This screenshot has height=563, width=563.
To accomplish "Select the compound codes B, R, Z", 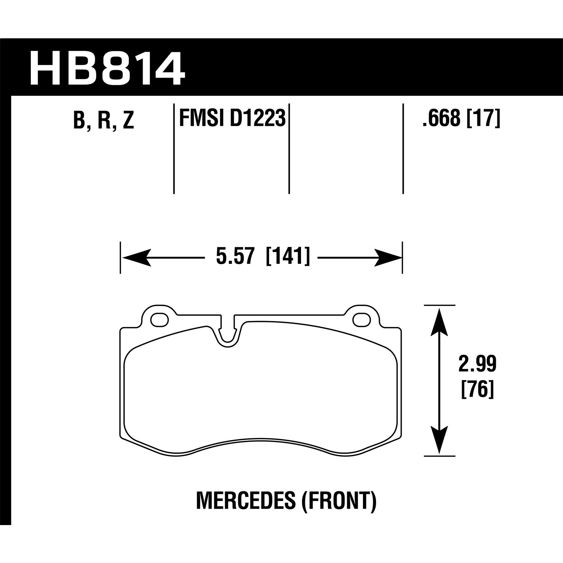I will [x=104, y=120].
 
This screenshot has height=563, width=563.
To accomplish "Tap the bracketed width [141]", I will [x=288, y=257].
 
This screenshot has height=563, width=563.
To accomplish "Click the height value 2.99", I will [x=477, y=364].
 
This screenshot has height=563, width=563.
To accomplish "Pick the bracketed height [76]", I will [x=477, y=390].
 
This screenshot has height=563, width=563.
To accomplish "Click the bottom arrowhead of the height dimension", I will [x=440, y=441].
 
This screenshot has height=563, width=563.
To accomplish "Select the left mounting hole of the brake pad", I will [x=159, y=319].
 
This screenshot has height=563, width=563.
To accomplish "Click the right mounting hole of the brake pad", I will [x=361, y=319].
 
